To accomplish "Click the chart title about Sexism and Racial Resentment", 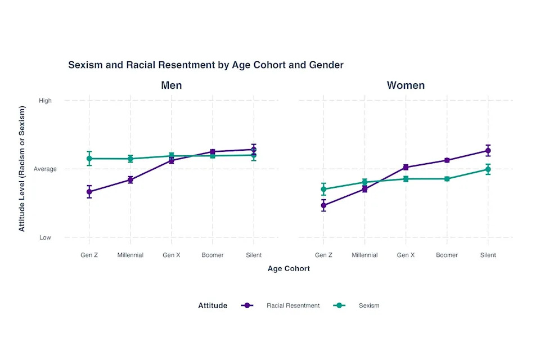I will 205,65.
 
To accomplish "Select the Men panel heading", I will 172,85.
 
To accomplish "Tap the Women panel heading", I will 406,85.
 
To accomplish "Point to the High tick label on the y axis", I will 45,101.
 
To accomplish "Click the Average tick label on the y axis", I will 45,169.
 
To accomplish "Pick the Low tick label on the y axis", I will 45,237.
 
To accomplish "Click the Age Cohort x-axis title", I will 289,269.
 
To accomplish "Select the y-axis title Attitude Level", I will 22,168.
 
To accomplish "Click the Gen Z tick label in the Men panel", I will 89,255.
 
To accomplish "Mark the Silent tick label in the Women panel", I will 488,255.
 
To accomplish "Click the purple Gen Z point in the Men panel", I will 89,192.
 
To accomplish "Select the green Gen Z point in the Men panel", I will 89,159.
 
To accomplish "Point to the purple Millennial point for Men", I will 130,180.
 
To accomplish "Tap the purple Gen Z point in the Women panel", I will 323,205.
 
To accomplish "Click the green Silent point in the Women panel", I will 488,169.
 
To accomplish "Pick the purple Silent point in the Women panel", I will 488,150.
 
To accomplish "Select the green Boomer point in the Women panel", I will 447,179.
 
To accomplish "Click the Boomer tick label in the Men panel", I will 213,255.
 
